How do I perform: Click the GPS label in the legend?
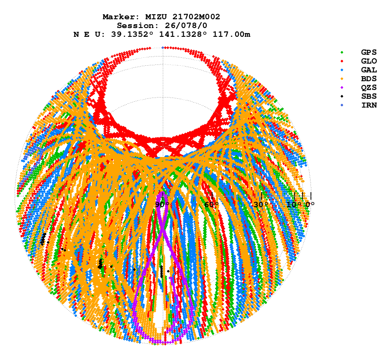pyautogui.click(x=369, y=52)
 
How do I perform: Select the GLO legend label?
pyautogui.click(x=369, y=61)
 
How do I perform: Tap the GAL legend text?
pyautogui.click(x=369, y=70)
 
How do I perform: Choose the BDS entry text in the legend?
pyautogui.click(x=369, y=79)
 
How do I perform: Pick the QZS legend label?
pyautogui.click(x=369, y=87)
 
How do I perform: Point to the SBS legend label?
pyautogui.click(x=369, y=96)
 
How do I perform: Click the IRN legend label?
pyautogui.click(x=369, y=105)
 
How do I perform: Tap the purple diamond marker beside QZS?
pyautogui.click(x=342, y=87)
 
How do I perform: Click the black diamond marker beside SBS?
pyautogui.click(x=342, y=96)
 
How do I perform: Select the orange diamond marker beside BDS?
pyautogui.click(x=342, y=79)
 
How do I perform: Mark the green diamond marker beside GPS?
pyautogui.click(x=342, y=52)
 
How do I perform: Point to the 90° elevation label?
pyautogui.click(x=162, y=205)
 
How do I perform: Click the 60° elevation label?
pyautogui.click(x=212, y=205)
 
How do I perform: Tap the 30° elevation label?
pyautogui.click(x=261, y=205)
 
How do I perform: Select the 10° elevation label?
pyautogui.click(x=294, y=205)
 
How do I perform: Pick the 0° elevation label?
pyautogui.click(x=310, y=205)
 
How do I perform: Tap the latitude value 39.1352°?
pyautogui.click(x=130, y=34)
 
